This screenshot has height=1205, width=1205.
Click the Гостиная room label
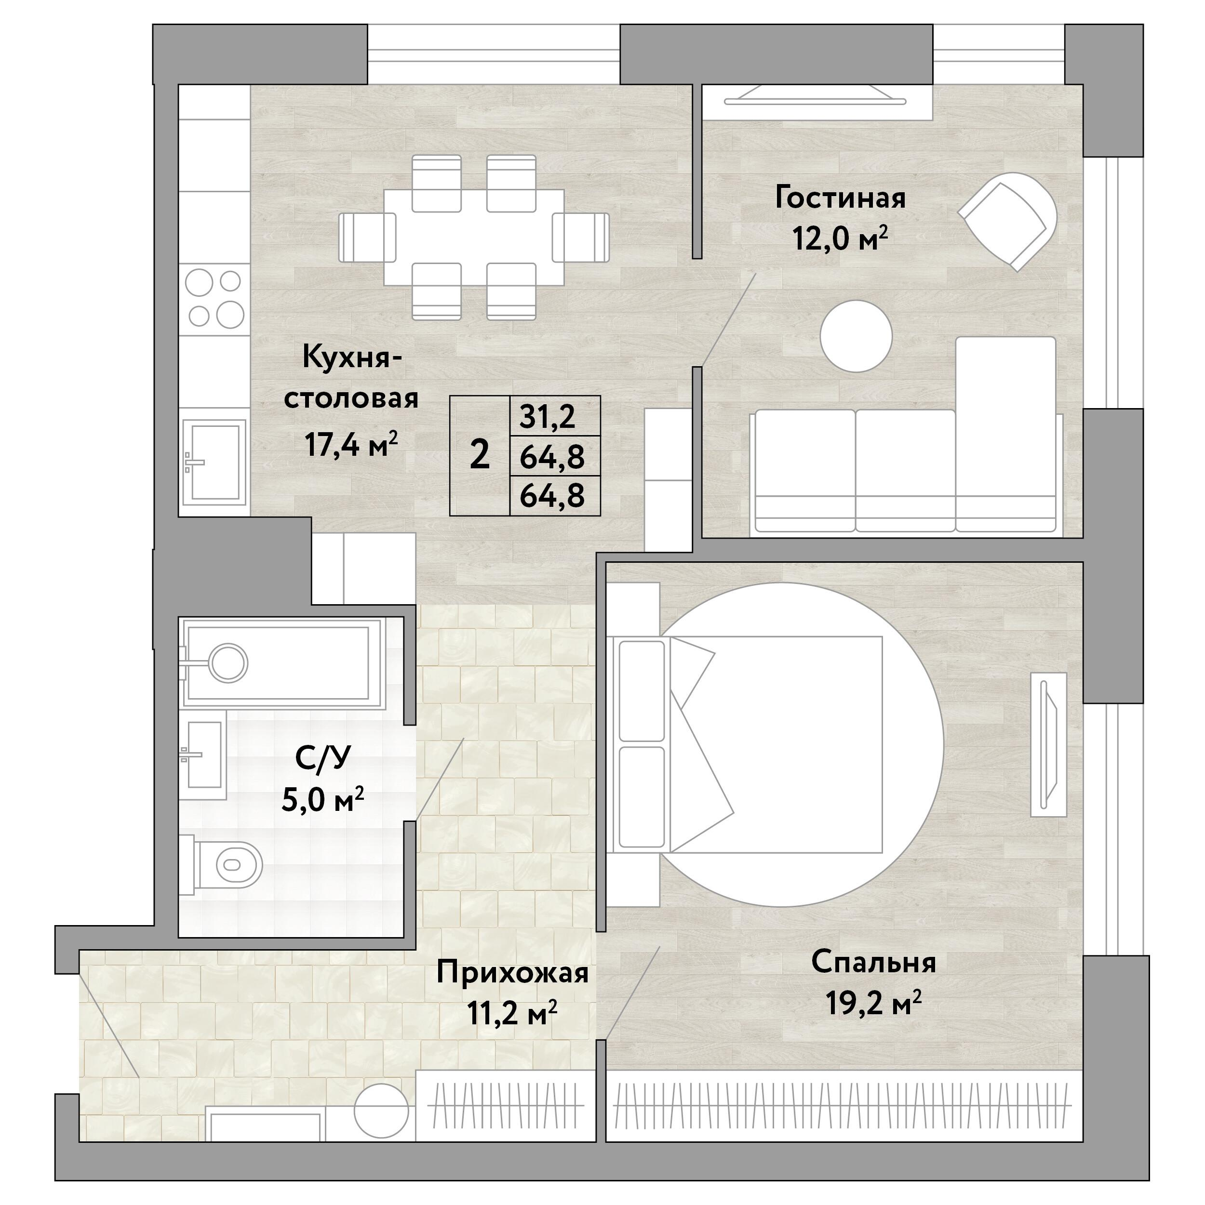pyautogui.click(x=840, y=199)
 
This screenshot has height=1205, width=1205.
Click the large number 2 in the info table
pyautogui.click(x=479, y=456)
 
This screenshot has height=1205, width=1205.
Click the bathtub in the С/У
pyautogui.click(x=281, y=663)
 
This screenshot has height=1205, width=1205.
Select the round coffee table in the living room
pyautogui.click(x=856, y=336)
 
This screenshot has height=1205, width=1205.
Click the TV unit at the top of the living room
pyautogui.click(x=816, y=100)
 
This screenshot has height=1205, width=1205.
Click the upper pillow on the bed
pyautogui.click(x=642, y=690)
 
